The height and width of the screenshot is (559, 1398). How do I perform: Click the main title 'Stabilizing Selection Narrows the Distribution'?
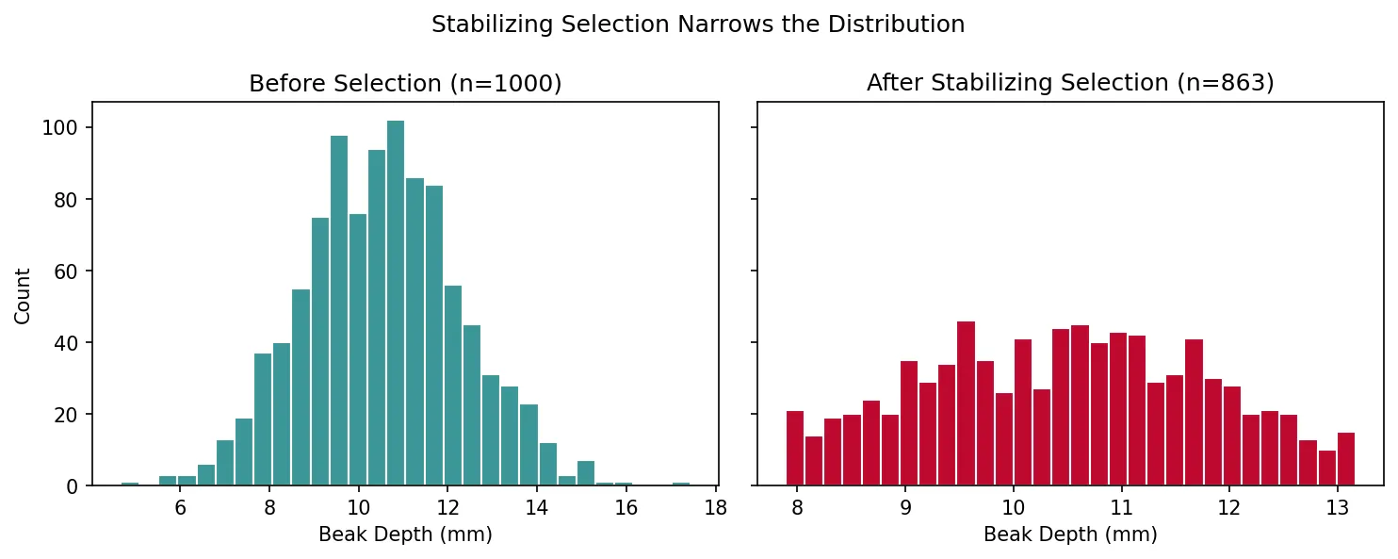point(698,25)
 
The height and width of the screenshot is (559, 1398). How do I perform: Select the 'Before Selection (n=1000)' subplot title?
point(405,84)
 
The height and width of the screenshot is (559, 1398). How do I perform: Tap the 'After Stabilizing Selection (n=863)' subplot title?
point(1070,84)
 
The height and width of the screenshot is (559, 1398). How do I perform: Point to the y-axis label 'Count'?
point(24,295)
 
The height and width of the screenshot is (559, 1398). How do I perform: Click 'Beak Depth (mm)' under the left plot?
point(405,534)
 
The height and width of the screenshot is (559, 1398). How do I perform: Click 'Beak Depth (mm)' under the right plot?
point(1070,534)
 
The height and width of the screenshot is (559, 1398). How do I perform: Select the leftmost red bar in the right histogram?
point(795,450)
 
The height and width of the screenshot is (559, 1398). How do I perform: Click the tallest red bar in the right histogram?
point(966,405)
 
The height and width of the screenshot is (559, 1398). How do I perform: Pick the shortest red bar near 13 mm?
point(1327,469)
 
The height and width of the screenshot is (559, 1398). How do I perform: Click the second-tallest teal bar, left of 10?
point(339,311)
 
